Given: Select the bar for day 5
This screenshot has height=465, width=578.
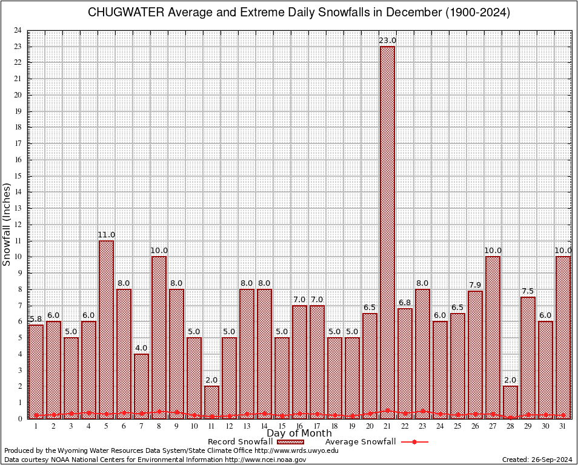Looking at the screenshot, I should tap(106, 329).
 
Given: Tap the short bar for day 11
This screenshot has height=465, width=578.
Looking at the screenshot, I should tap(211, 402).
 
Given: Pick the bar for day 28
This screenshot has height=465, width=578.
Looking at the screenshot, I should tap(510, 402).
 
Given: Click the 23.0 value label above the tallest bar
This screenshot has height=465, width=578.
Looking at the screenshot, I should tap(387, 41).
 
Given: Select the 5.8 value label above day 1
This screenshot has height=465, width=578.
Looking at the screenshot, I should tap(36, 319).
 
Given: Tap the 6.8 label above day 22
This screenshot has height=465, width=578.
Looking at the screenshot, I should tap(405, 303).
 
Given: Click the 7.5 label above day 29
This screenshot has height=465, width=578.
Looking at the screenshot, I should tap(528, 291).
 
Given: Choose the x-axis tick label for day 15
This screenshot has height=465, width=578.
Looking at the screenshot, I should tap(282, 426).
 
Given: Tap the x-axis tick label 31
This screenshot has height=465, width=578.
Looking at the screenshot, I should tap(563, 426).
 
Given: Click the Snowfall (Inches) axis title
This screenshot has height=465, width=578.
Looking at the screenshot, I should tap(7, 224).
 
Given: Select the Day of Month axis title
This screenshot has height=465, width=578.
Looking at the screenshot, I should tap(299, 434).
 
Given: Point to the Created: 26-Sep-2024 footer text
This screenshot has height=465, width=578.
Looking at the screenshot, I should tap(537, 460).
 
